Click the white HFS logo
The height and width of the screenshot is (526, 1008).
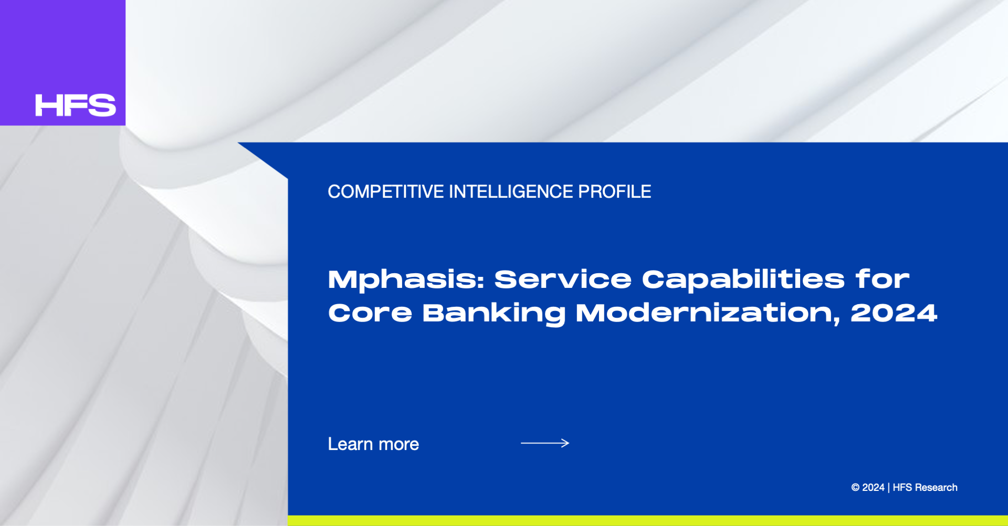[x=76, y=105]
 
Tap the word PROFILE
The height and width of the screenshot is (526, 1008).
[x=615, y=192]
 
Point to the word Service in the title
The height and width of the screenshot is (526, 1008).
[x=563, y=279]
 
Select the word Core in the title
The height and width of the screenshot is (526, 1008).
[x=370, y=313]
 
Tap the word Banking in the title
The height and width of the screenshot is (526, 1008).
[x=494, y=314]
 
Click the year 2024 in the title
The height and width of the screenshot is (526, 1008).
[x=894, y=313]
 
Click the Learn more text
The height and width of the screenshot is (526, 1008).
[x=373, y=444]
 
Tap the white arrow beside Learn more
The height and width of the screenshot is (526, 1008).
[x=545, y=443]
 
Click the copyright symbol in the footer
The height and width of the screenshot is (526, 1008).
[x=855, y=488]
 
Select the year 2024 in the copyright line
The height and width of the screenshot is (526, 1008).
[x=873, y=488]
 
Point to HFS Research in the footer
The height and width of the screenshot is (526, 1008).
[x=925, y=488]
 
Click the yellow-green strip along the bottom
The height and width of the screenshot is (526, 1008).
[x=648, y=521]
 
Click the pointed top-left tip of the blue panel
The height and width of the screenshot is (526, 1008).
[x=238, y=143]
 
